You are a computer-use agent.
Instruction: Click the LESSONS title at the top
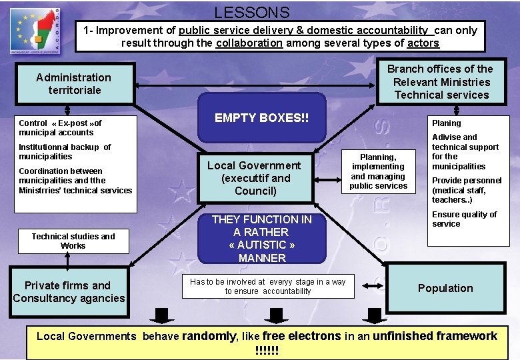click(252, 12)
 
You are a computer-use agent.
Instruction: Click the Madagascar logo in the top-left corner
click(35, 30)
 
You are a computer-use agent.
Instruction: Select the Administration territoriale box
click(74, 83)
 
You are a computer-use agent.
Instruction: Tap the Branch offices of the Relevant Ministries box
click(440, 81)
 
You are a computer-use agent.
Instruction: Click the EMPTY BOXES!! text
click(261, 118)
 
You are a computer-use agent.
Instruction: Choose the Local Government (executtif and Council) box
click(254, 178)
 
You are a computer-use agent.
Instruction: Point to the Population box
click(445, 288)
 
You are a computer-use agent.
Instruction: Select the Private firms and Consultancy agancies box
click(69, 291)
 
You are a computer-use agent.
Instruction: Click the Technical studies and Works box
click(73, 241)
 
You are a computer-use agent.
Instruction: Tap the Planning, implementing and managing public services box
click(378, 171)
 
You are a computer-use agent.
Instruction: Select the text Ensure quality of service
click(464, 219)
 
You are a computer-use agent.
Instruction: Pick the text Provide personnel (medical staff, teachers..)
click(467, 190)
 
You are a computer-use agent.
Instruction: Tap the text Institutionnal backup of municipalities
click(65, 151)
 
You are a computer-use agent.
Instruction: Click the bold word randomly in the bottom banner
click(209, 336)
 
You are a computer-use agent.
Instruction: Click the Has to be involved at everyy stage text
click(267, 286)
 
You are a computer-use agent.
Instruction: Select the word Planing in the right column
click(446, 123)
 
